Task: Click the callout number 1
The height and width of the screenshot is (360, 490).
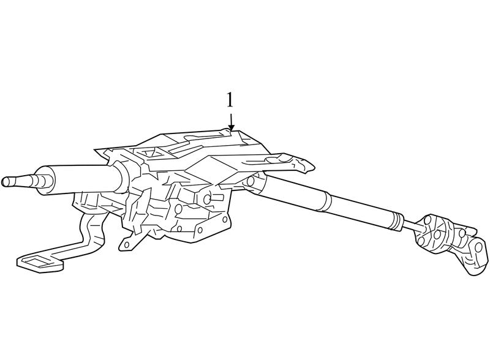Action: click(x=230, y=100)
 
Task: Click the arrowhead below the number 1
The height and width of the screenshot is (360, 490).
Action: click(x=231, y=127)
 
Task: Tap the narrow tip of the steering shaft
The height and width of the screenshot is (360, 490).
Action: click(x=6, y=182)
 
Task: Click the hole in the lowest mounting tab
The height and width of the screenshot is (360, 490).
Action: click(x=126, y=244)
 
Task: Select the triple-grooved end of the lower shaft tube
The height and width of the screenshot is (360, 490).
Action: click(x=397, y=223)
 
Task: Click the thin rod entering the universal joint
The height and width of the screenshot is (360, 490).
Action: click(x=412, y=226)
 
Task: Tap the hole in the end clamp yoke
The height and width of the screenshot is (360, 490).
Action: click(x=478, y=247)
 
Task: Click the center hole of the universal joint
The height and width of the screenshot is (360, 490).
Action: click(x=437, y=234)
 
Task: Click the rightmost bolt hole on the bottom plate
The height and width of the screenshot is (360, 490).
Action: click(x=225, y=219)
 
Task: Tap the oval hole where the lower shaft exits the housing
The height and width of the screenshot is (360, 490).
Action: click(x=251, y=182)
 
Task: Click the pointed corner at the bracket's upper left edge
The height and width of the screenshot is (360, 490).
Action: click(x=96, y=150)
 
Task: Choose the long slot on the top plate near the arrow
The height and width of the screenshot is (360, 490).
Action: click(x=200, y=137)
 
